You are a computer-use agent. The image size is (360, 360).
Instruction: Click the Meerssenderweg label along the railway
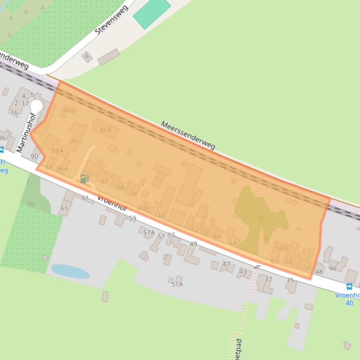click(x=188, y=136)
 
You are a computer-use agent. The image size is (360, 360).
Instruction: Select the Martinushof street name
click(x=26, y=133)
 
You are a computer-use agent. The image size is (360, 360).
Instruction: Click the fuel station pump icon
click(x=84, y=178)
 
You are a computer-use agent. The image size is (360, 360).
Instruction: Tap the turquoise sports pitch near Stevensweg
click(x=151, y=13)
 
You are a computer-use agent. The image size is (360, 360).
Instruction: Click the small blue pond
click(x=70, y=271)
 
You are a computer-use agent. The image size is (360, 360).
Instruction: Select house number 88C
click(x=70, y=110)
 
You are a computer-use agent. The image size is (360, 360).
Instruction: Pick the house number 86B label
click(x=106, y=130)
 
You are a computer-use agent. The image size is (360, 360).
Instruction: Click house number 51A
click(x=177, y=284)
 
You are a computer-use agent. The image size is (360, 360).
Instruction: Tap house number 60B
click(x=281, y=248)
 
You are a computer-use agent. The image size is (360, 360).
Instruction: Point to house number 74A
click(x=159, y=216)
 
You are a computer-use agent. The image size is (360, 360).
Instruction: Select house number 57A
click(x=149, y=232)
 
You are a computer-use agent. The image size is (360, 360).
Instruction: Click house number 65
click(x=65, y=209)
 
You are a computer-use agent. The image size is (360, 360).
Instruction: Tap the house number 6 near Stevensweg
click(x=86, y=57)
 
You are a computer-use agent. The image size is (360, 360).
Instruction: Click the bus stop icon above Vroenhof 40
click(x=349, y=287)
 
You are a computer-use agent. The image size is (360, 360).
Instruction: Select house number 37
click(x=268, y=280)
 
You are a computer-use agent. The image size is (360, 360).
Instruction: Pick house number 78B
click(x=120, y=187)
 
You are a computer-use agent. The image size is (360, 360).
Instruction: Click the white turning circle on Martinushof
click(x=36, y=106)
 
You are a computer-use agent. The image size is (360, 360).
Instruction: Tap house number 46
click(x=333, y=268)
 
